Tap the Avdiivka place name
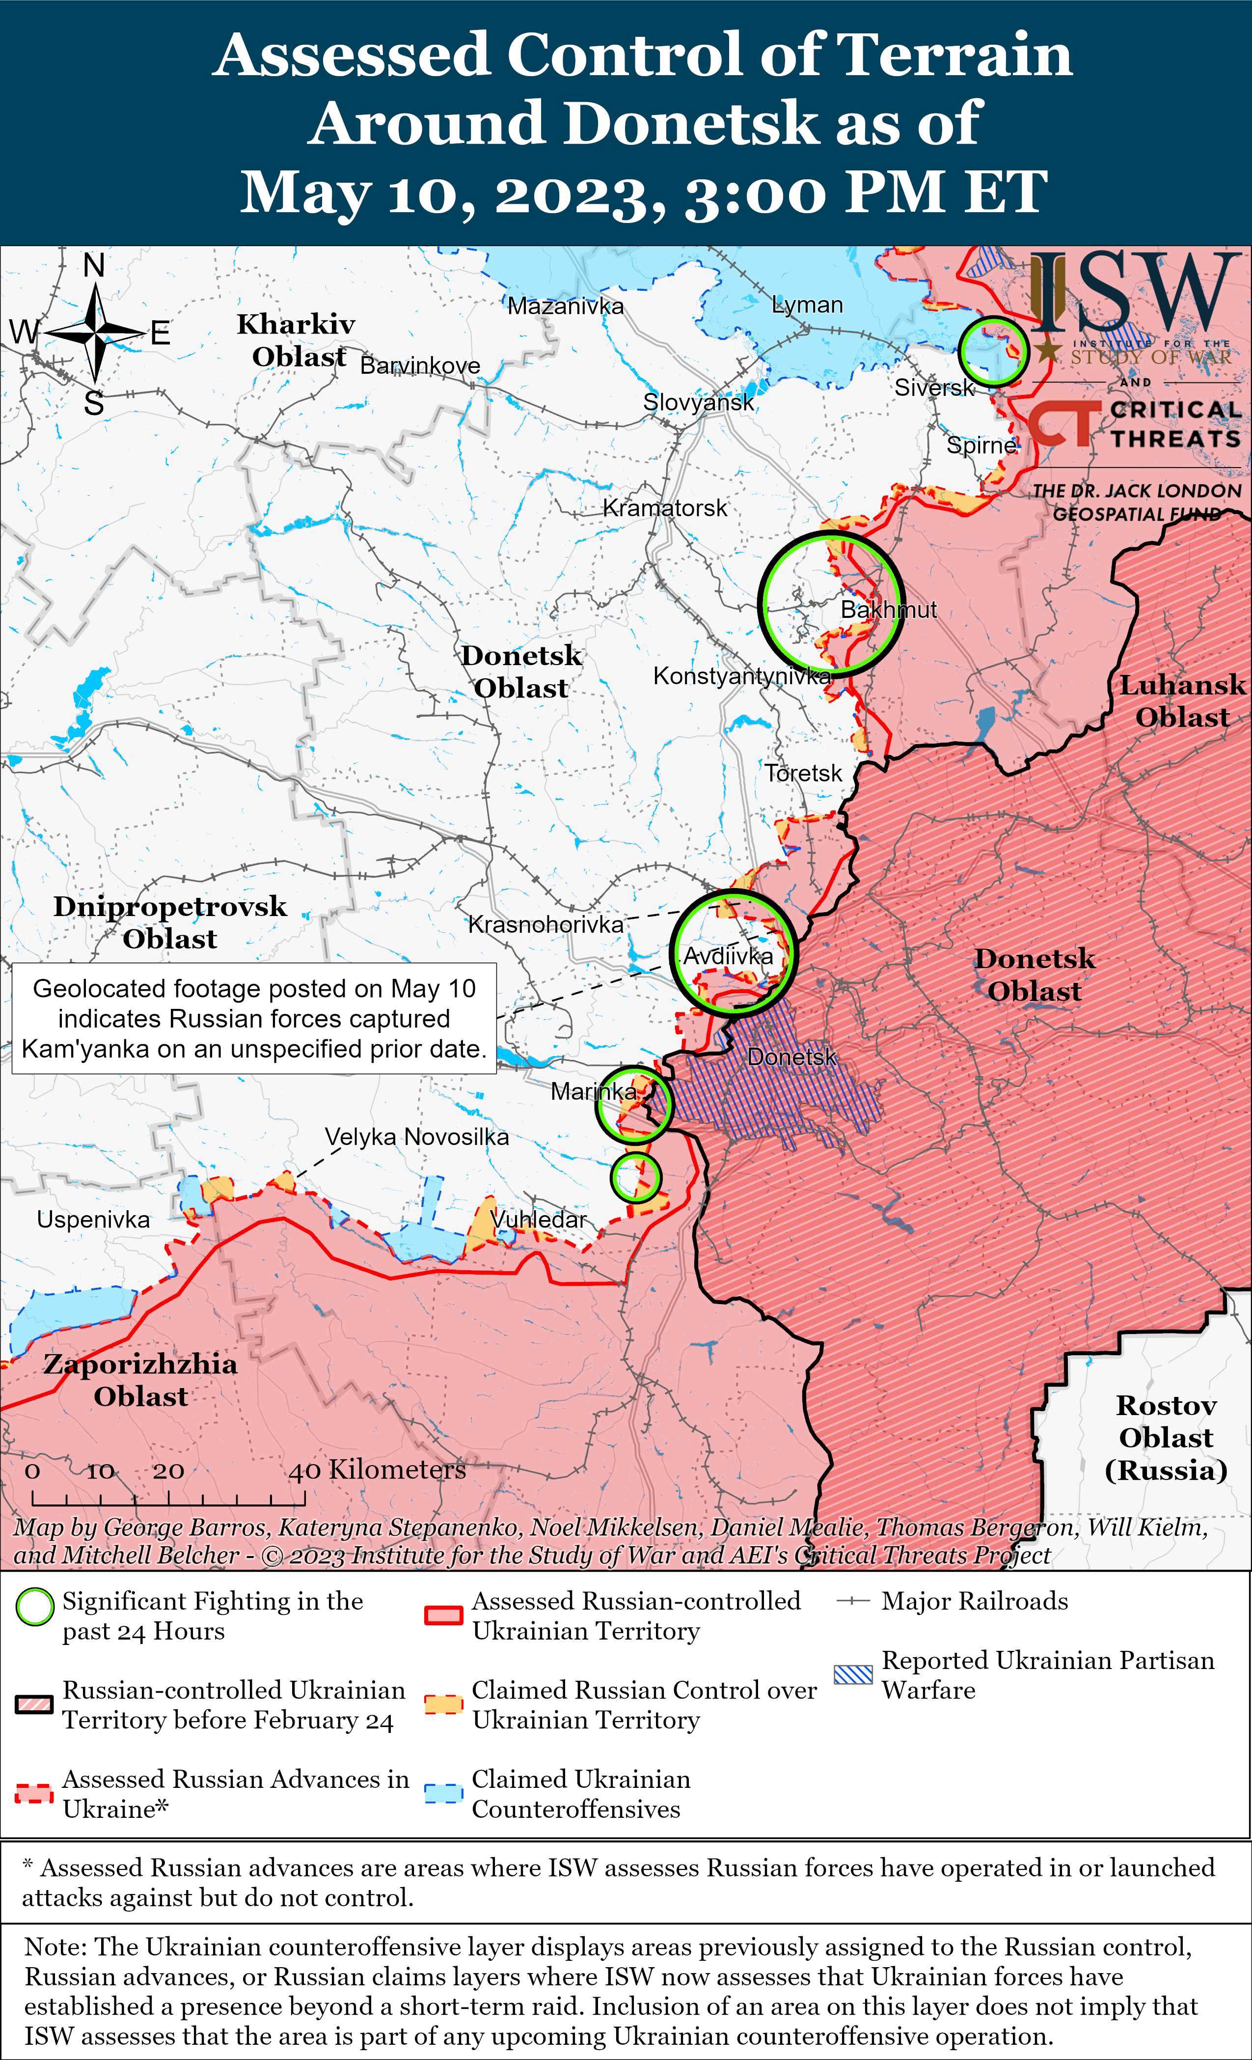pos(728,956)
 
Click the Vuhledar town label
pos(539,1220)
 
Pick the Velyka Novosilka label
pos(416,1137)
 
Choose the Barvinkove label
pos(420,365)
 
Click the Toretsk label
pos(803,773)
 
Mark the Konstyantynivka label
pos(741,675)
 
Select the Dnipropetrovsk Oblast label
pos(170,922)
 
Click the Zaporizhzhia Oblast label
pos(140,1379)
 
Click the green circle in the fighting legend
pos(35,1607)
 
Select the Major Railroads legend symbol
pos(853,1601)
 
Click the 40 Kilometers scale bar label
pos(378,1469)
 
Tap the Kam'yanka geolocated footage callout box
pos(254,1018)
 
